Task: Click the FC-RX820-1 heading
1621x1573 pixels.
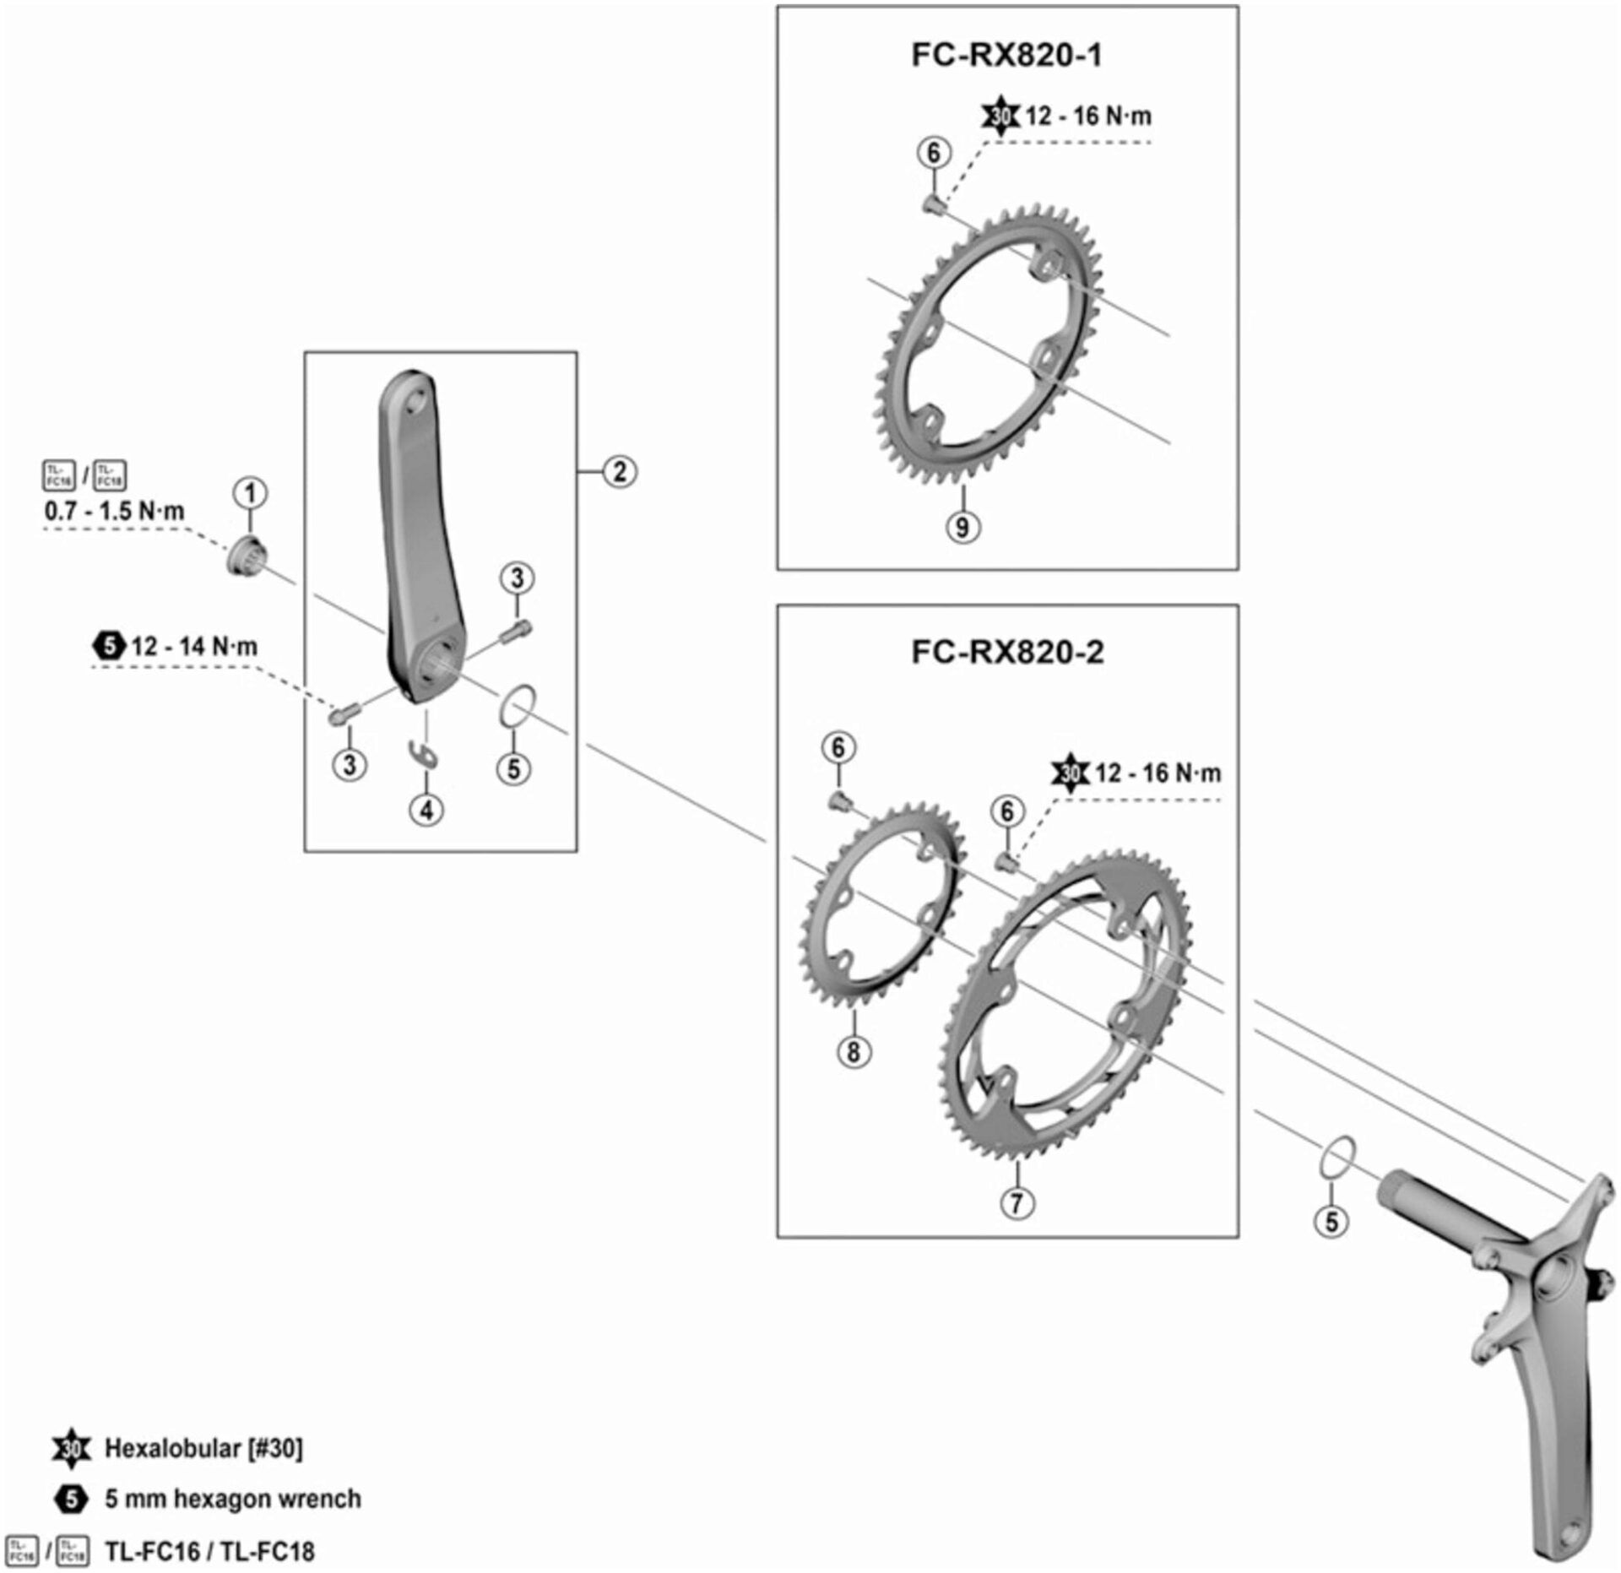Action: pyautogui.click(x=1006, y=55)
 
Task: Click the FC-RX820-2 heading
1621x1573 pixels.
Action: pyautogui.click(x=1006, y=652)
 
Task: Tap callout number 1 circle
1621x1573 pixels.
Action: pyautogui.click(x=250, y=493)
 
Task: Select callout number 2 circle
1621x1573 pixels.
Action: pyautogui.click(x=619, y=471)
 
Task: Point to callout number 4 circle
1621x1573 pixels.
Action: pyautogui.click(x=426, y=810)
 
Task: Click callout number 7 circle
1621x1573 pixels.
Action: pyautogui.click(x=1017, y=1202)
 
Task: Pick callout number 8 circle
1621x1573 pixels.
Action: pyautogui.click(x=853, y=1052)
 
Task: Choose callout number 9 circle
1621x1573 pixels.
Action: pyautogui.click(x=962, y=527)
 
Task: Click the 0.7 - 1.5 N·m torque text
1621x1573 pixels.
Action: pyautogui.click(x=114, y=511)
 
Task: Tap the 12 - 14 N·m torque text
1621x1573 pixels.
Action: pyautogui.click(x=194, y=647)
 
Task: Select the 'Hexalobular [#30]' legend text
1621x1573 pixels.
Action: pyautogui.click(x=203, y=1448)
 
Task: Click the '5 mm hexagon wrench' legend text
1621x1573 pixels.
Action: pyautogui.click(x=232, y=1499)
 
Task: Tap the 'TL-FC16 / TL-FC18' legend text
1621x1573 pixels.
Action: pyautogui.click(x=209, y=1551)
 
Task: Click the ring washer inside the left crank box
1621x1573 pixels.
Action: pyautogui.click(x=518, y=706)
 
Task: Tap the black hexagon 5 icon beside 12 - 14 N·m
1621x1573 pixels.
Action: pyautogui.click(x=109, y=647)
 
